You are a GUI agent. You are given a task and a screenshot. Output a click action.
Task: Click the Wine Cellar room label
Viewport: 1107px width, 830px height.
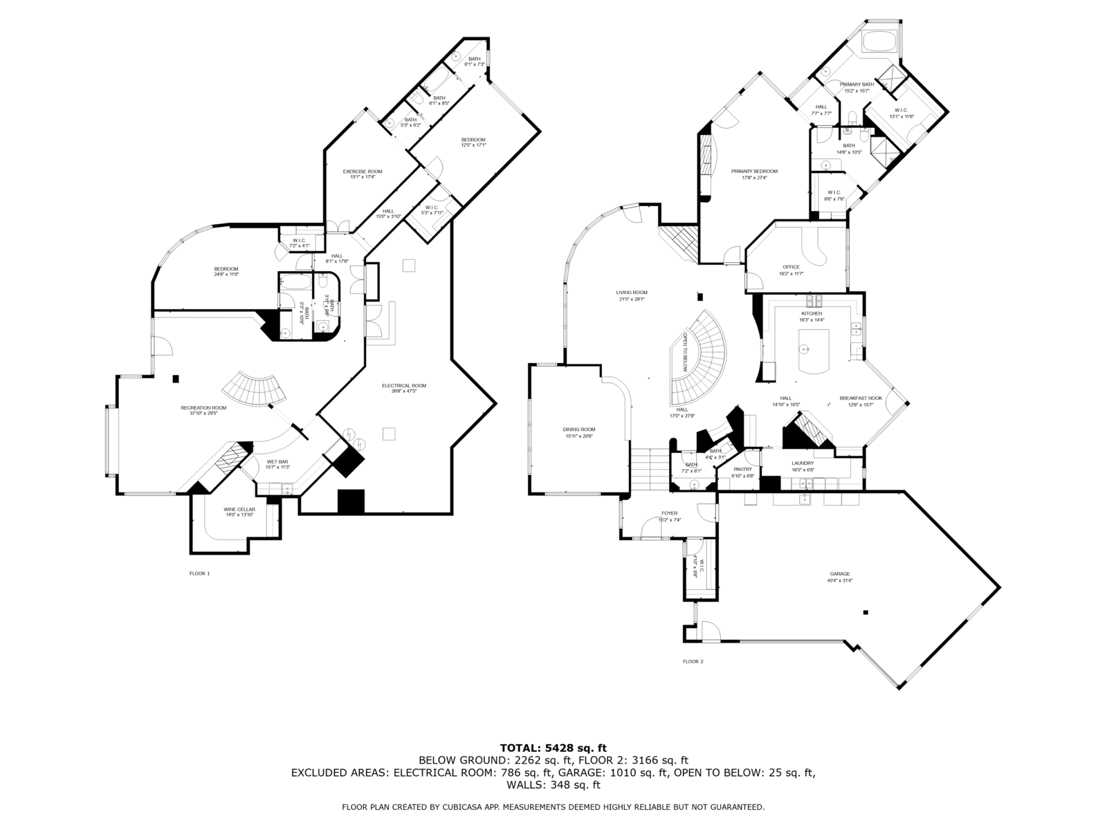click(239, 509)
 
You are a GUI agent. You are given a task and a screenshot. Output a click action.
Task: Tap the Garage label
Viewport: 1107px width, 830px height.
click(840, 573)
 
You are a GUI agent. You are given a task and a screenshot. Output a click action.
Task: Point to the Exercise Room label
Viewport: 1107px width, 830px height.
click(363, 172)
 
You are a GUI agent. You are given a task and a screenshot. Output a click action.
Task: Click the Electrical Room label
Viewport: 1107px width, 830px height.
click(404, 385)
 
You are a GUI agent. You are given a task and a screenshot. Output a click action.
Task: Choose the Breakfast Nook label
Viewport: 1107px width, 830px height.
click(857, 398)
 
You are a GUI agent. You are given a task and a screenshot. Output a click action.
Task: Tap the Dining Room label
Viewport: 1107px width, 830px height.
click(579, 430)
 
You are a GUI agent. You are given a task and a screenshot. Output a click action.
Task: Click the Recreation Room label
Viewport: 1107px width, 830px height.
click(203, 407)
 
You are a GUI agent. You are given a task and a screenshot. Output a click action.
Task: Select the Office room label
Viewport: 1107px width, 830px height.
click(791, 267)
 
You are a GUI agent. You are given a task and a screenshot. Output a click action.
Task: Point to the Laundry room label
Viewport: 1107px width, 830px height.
click(803, 463)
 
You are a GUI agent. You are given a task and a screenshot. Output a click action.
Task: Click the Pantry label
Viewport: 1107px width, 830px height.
click(742, 469)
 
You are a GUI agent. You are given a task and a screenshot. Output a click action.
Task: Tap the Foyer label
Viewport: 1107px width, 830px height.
click(669, 513)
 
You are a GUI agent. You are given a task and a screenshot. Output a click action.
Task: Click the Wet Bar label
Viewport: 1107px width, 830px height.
click(277, 461)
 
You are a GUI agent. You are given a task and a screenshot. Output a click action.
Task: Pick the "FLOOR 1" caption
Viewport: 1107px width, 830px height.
click(199, 573)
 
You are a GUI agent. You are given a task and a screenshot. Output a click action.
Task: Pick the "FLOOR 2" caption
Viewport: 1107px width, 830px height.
click(693, 661)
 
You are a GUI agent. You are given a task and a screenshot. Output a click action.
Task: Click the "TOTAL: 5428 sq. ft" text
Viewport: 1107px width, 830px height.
click(553, 748)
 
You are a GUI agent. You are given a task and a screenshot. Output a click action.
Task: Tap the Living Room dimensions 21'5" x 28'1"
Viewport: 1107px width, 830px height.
click(631, 299)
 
